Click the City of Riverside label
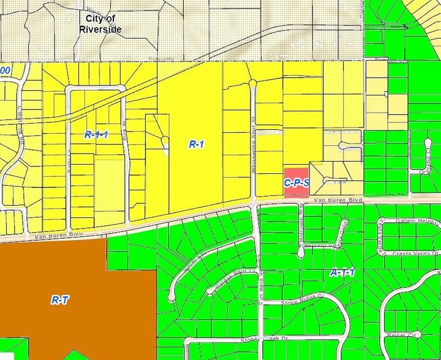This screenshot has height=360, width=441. (100, 24)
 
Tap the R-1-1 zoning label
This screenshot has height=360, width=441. (96, 134)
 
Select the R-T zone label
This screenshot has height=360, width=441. (59, 300)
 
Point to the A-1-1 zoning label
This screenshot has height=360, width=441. (342, 273)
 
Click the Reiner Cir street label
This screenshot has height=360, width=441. (401, 335)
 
